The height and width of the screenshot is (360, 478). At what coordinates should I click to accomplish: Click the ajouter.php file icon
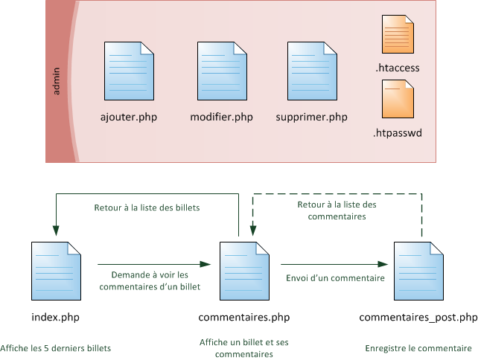[x=130, y=72]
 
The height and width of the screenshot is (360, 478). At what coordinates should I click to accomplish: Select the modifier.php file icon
[x=222, y=72]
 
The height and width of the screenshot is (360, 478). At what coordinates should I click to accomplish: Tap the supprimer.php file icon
[x=311, y=72]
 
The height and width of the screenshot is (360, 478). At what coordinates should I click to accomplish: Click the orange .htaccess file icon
[x=398, y=34]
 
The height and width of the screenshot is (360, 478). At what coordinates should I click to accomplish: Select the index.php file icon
[x=55, y=269]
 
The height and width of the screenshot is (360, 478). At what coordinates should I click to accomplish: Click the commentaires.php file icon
[x=243, y=269]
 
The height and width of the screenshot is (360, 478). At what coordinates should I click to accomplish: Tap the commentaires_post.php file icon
[x=418, y=269]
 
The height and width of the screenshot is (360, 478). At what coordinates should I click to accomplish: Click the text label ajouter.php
[x=129, y=118]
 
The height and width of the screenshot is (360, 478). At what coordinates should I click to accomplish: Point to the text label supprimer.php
[x=311, y=118]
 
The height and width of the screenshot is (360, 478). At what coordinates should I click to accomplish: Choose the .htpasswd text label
[x=397, y=135]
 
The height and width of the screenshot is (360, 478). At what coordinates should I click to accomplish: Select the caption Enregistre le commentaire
[x=418, y=348]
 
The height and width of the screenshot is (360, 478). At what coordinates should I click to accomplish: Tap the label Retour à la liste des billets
[x=146, y=208]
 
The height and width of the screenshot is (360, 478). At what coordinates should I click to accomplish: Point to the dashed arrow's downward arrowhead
[x=253, y=230]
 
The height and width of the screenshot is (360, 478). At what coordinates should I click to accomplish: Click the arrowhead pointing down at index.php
[x=55, y=229]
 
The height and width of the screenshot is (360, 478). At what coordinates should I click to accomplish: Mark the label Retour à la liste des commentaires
[x=337, y=210]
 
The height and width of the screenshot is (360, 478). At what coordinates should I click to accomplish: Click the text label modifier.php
[x=222, y=118]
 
